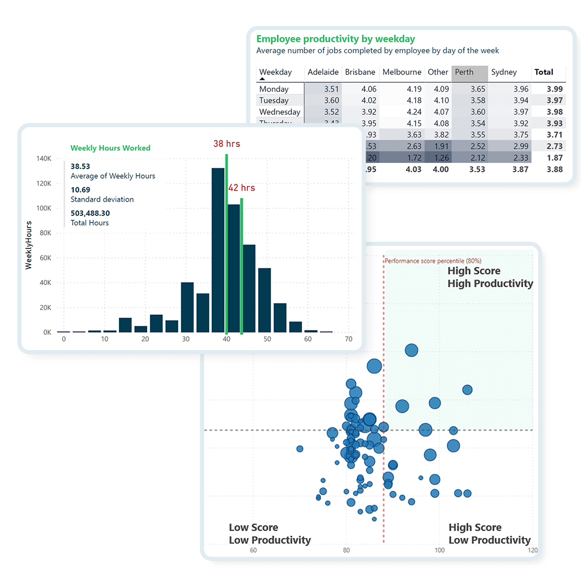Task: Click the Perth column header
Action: click(x=464, y=72)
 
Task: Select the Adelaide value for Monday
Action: click(x=332, y=89)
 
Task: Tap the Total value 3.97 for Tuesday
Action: click(x=555, y=100)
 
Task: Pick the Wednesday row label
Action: click(x=279, y=112)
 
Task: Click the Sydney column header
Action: click(x=504, y=72)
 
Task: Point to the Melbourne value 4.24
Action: click(x=414, y=112)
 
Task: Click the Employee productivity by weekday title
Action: click(x=336, y=39)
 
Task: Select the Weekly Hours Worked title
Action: click(x=111, y=148)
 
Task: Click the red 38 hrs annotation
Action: click(x=227, y=144)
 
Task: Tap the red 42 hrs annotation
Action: click(x=242, y=187)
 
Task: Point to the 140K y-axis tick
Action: click(x=44, y=159)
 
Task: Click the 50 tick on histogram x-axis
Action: click(x=267, y=339)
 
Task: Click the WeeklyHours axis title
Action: click(x=29, y=245)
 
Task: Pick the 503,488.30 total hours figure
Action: click(x=90, y=213)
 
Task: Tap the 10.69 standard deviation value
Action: click(x=81, y=190)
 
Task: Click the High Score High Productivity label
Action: click(x=490, y=277)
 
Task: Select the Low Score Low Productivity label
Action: click(x=270, y=533)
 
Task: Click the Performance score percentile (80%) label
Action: click(x=433, y=261)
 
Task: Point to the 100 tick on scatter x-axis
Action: click(x=439, y=550)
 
